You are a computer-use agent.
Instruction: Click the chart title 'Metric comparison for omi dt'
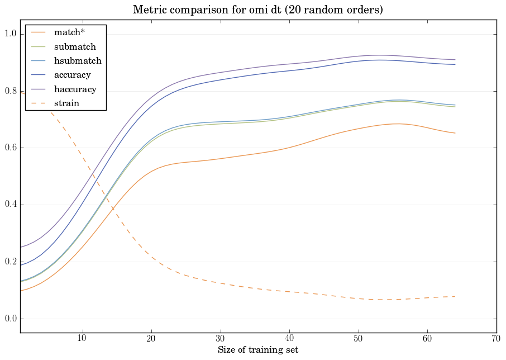[257, 10]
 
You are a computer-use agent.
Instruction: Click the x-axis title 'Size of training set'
[257, 350]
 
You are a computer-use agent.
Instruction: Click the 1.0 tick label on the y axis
[9, 35]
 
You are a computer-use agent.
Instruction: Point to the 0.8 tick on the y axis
[9, 92]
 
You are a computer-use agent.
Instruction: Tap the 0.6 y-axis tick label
[9, 148]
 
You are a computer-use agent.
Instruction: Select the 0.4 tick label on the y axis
[9, 205]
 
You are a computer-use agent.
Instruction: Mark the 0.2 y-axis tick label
[9, 262]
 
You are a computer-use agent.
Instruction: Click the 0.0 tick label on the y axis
[9, 319]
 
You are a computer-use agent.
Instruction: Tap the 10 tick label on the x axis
[82, 339]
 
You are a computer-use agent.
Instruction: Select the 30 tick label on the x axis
[220, 339]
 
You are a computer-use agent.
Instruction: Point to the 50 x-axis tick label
[358, 339]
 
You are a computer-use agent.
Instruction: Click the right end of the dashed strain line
[455, 296]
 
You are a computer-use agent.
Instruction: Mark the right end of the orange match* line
[455, 133]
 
